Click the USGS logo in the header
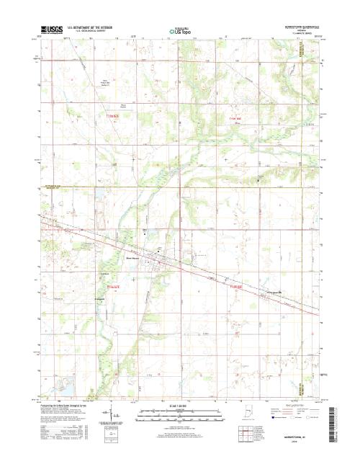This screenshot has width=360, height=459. [x=51, y=31]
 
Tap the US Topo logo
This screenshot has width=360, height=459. [x=180, y=32]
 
